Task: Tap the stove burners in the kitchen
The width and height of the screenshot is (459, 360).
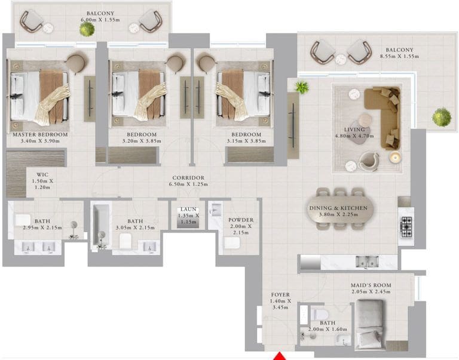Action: click(x=406, y=227)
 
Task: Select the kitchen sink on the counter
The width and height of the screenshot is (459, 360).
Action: click(x=367, y=261)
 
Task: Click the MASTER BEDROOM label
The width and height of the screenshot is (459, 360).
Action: click(x=41, y=134)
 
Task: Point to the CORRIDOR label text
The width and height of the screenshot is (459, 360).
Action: click(x=188, y=178)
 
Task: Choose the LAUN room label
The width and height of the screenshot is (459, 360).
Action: click(x=188, y=209)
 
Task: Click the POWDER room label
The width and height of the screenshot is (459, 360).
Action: click(x=241, y=220)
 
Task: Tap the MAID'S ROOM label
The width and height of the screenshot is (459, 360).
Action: click(x=371, y=285)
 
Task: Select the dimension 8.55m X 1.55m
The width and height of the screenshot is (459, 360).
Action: click(x=399, y=57)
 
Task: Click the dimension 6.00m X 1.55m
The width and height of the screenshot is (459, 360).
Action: click(x=100, y=20)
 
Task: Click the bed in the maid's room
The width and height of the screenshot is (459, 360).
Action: click(x=370, y=325)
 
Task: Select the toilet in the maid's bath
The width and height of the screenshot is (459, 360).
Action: click(x=319, y=315)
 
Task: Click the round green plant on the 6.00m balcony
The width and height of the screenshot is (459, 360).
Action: click(x=87, y=29)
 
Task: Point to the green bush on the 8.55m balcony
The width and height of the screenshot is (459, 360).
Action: click(x=442, y=117)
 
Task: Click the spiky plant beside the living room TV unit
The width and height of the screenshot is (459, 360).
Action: click(x=302, y=87)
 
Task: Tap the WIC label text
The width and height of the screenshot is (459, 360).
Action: click(x=42, y=174)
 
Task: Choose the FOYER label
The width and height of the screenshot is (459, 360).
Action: click(x=280, y=295)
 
